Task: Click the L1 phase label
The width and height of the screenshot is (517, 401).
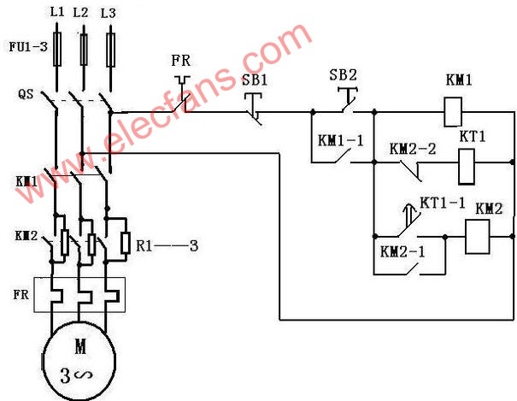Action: (x=57, y=13)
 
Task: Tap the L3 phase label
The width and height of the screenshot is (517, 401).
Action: (x=109, y=13)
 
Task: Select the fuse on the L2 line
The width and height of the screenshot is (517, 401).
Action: (x=84, y=50)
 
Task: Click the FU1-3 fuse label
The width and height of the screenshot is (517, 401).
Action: (x=28, y=46)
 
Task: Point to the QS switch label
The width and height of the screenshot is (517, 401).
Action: (x=26, y=94)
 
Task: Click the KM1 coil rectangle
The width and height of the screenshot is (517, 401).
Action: (x=453, y=112)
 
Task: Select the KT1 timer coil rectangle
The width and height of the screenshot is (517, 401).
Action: (x=467, y=167)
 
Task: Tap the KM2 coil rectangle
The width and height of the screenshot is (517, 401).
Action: (x=477, y=237)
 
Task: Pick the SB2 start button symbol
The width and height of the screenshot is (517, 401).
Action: (x=348, y=100)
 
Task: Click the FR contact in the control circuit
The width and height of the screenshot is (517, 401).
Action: (x=182, y=94)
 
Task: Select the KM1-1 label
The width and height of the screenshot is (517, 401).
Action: (x=340, y=141)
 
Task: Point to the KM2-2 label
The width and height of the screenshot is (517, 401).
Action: (x=413, y=149)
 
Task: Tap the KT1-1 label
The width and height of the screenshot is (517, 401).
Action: (x=442, y=203)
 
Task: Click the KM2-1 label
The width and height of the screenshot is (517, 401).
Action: (x=402, y=251)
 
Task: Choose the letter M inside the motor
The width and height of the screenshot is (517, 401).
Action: (x=80, y=346)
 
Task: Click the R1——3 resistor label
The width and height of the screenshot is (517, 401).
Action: (x=167, y=245)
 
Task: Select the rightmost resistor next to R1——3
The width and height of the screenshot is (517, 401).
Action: (x=125, y=244)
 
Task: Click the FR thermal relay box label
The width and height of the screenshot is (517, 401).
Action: (x=21, y=294)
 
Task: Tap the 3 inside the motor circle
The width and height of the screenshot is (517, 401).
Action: (x=65, y=375)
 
